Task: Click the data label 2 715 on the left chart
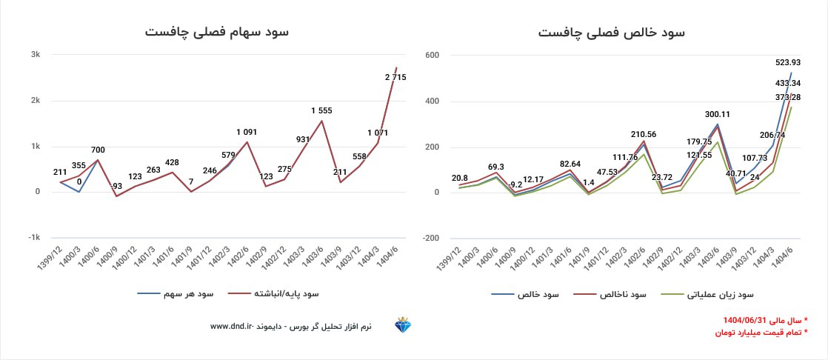[395, 77]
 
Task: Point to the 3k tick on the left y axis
[35, 55]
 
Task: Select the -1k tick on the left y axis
[34, 238]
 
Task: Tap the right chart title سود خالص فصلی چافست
[612, 32]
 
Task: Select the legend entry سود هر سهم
[176, 294]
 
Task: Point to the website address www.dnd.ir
[232, 326]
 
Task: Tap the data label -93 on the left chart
[116, 185]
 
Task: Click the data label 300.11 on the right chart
[720, 115]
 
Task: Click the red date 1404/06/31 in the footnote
[749, 320]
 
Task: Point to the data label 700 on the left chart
[98, 150]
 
